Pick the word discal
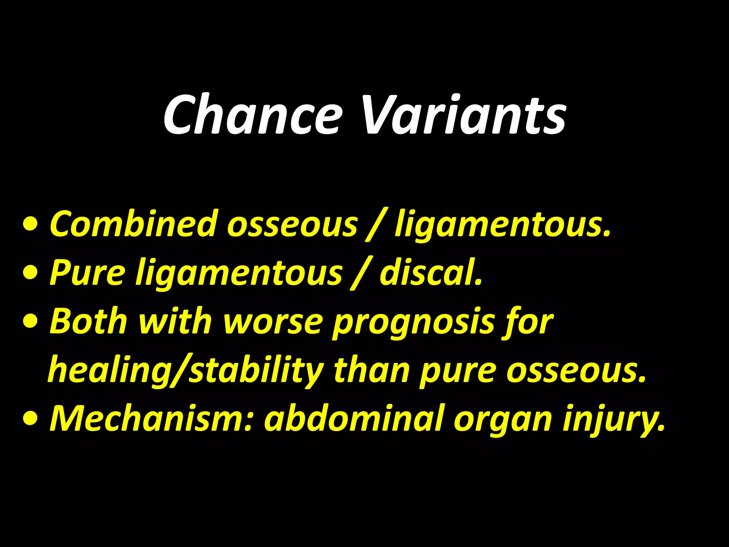click(x=431, y=272)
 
